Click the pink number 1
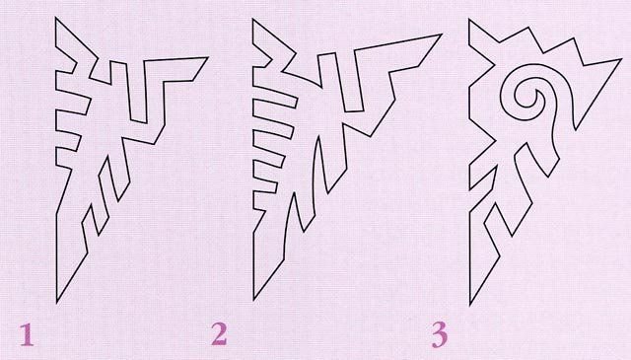click(x=27, y=335)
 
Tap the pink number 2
click(x=219, y=334)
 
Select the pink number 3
click(x=440, y=336)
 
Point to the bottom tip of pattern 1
click(x=57, y=303)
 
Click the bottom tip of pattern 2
click(x=253, y=300)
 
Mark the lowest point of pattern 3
click(x=470, y=305)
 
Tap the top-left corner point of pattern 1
click(x=56, y=18)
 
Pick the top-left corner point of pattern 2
click(x=252, y=19)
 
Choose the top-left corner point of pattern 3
click(x=469, y=20)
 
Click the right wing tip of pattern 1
click(x=208, y=57)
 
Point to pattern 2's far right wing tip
click(x=442, y=35)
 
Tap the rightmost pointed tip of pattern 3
click(x=622, y=59)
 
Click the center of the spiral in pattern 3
click(x=525, y=97)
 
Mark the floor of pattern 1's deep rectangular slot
click(x=139, y=121)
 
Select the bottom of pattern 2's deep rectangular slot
click(x=354, y=109)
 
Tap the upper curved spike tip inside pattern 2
click(x=318, y=137)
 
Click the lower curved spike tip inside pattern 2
click(x=294, y=193)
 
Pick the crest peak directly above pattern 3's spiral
click(x=527, y=27)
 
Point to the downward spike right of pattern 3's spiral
click(x=576, y=129)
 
